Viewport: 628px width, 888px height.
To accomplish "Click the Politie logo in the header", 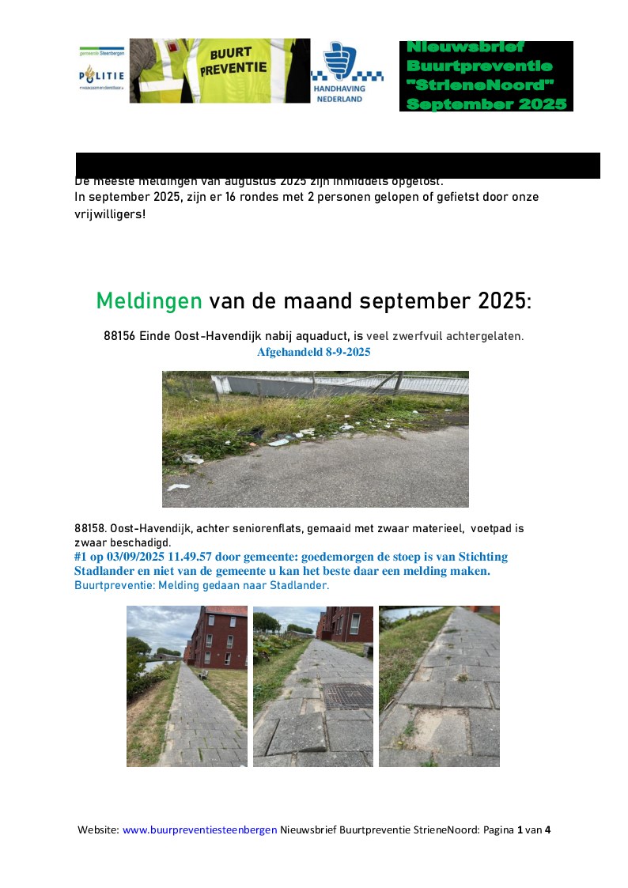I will coord(101,76).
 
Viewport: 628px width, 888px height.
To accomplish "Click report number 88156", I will coord(119,336).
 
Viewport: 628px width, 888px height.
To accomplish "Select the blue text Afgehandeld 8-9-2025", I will coord(313,353).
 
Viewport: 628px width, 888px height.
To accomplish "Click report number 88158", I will coord(90,528).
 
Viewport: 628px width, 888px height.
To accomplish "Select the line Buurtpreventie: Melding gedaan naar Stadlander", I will coord(201,586).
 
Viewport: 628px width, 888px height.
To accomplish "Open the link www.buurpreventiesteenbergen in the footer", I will coord(199,830).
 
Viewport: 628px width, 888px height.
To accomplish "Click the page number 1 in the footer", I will coord(520,830).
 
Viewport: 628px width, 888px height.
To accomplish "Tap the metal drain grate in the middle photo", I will coord(348,697).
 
